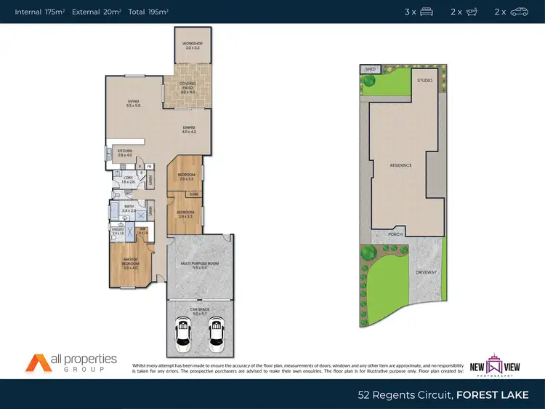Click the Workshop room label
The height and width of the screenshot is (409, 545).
193,45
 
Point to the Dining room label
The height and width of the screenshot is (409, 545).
190,130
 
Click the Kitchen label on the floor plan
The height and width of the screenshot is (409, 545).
125,152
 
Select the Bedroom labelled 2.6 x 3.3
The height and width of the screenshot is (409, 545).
187,177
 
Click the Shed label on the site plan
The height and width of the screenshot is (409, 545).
369,70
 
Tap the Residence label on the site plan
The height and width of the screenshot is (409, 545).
400,165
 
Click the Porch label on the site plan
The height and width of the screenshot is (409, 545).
395,234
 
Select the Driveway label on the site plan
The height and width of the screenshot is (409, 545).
426,272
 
